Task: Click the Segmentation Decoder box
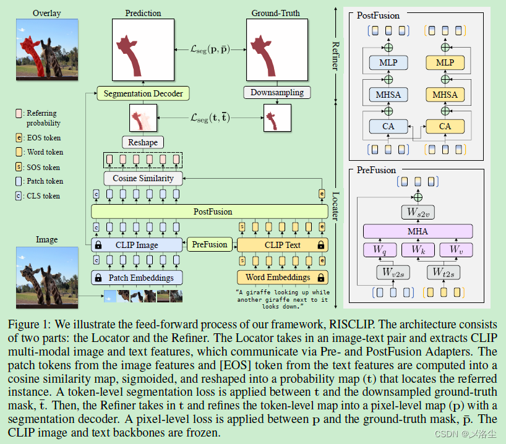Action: tap(143, 94)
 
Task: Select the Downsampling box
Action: tap(277, 93)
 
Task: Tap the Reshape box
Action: tap(143, 142)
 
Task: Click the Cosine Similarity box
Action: tap(143, 178)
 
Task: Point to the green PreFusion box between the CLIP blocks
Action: tap(210, 244)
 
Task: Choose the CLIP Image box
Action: tap(137, 245)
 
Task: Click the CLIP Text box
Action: tap(282, 245)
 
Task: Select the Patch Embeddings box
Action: tap(137, 278)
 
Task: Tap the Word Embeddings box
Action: tap(282, 278)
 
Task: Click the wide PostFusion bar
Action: tap(209, 211)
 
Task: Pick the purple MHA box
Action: tap(418, 231)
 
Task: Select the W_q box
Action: tap(380, 250)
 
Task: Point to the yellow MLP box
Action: tap(444, 62)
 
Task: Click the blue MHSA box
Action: tap(388, 95)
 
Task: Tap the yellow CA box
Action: tap(444, 127)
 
